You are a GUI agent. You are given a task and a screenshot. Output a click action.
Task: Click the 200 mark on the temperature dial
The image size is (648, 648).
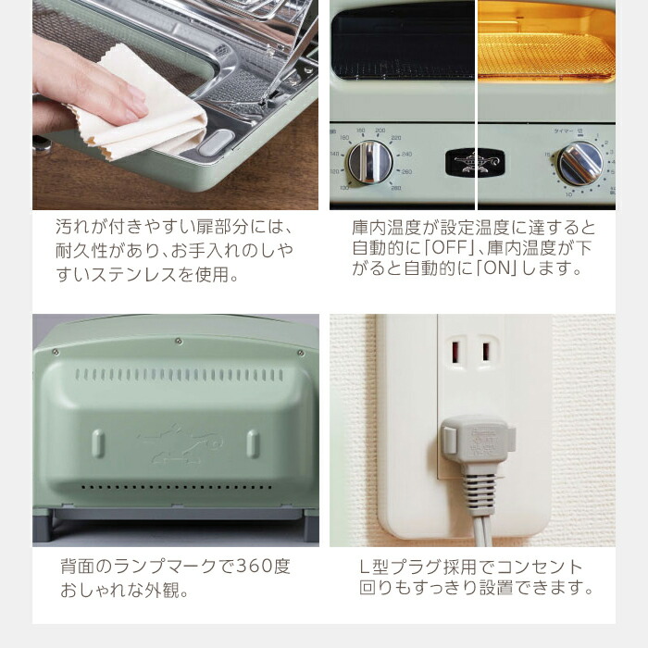(380, 131)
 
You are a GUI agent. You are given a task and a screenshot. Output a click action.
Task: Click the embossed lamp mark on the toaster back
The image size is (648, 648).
(176, 442)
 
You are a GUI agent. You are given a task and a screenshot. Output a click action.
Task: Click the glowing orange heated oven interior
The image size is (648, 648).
(546, 46)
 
